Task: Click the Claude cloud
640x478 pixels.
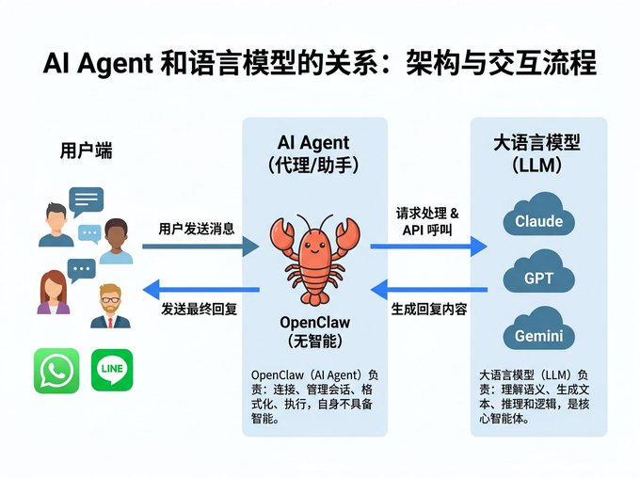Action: coord(538,217)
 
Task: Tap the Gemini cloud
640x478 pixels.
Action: coord(538,332)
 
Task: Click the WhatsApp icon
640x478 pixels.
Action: coord(56,370)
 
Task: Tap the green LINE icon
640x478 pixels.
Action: coord(112,370)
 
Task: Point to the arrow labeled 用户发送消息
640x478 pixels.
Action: coord(200,247)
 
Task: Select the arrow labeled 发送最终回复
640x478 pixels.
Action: coord(200,289)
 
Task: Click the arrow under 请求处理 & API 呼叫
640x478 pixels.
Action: coord(428,247)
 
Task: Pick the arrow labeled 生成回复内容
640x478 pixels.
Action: coord(428,287)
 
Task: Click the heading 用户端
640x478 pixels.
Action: coord(86,151)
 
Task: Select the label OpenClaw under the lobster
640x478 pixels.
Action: coord(315,323)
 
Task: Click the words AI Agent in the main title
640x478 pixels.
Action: coord(97,64)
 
